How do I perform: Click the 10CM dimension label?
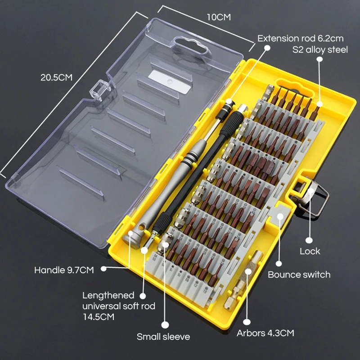coord(219,17)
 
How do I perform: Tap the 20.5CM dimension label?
coord(57,77)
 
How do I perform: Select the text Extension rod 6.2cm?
coord(300,38)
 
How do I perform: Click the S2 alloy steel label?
coord(320,50)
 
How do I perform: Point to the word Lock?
coord(310,251)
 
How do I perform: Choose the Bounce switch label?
coord(299,274)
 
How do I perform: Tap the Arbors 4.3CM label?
coord(265,333)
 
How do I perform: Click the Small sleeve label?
coord(163,337)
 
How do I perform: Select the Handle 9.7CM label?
coord(64,270)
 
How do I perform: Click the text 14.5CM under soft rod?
coord(99,317)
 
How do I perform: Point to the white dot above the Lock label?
coord(309,240)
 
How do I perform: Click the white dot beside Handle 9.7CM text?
coord(104,268)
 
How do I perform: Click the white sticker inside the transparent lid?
coord(170,82)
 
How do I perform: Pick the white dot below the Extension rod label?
coord(267,48)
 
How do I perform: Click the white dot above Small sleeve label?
coord(165,324)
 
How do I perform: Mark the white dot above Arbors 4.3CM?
coord(247,322)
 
